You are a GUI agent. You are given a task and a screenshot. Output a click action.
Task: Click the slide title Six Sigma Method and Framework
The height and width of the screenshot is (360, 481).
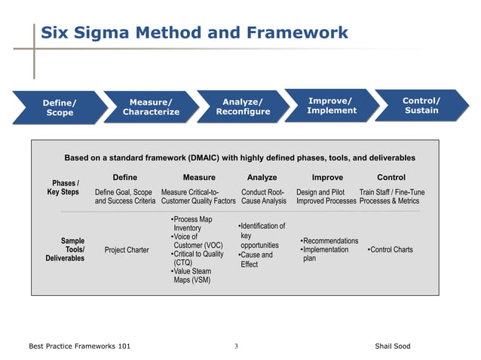[x=194, y=32]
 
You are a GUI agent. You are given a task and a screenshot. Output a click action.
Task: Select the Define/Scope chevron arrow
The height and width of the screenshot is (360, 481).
[x=59, y=107]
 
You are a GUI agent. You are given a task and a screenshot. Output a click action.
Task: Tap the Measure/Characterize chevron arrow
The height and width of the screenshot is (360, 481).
[x=151, y=107]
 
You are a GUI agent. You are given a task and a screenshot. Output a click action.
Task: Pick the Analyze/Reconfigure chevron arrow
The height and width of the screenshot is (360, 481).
[x=242, y=106]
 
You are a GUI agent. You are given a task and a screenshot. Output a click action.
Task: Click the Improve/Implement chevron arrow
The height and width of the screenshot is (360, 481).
[x=332, y=105]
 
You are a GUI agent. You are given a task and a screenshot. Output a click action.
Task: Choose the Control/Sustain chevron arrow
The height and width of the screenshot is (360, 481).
[x=421, y=105]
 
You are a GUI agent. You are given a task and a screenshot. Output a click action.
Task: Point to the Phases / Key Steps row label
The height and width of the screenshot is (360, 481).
[x=63, y=188]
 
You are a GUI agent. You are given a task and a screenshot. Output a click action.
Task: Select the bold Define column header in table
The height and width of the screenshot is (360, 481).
[x=124, y=178]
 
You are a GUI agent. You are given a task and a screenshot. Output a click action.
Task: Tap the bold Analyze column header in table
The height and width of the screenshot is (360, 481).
[x=262, y=178]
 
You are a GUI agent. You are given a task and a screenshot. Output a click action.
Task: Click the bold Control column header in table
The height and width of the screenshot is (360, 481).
[x=391, y=178]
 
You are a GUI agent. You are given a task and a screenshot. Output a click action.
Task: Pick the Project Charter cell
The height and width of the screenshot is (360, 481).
[x=127, y=250]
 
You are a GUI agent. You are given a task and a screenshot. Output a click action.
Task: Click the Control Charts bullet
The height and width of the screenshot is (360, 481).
[x=391, y=250]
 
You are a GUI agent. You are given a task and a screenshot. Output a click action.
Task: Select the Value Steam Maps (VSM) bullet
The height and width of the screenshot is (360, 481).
[x=191, y=275]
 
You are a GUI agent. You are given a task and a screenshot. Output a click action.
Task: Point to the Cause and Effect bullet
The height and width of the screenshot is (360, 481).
[x=256, y=260]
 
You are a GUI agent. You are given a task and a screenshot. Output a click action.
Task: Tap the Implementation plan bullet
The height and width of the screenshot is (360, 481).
[x=324, y=254]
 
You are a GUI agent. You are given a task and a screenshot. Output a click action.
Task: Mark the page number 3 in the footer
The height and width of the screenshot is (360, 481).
[x=236, y=346]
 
